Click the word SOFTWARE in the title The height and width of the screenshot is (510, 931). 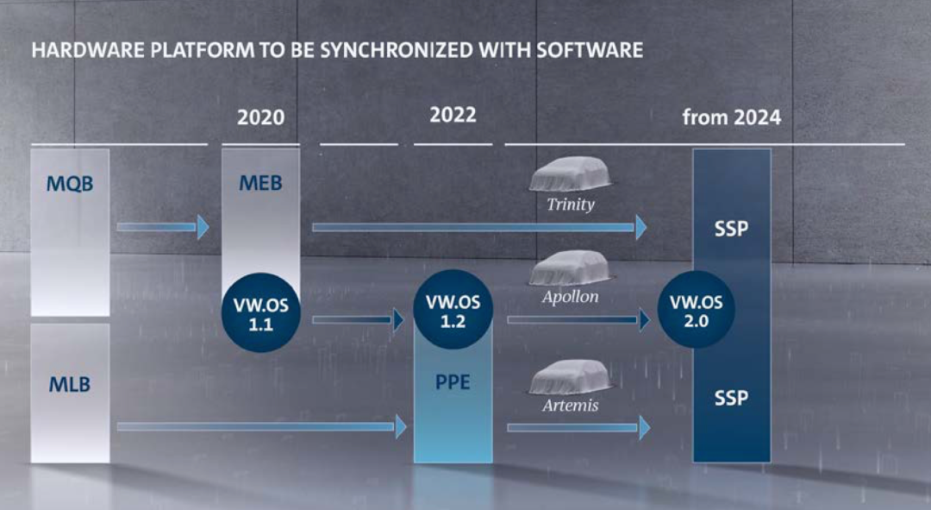(x=590, y=50)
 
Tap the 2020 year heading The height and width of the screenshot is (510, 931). (x=259, y=116)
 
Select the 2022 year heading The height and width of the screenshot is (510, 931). (x=453, y=115)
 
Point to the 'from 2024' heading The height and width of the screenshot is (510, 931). (x=731, y=116)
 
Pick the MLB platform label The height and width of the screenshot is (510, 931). (x=70, y=385)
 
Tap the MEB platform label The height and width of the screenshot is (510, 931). (x=259, y=183)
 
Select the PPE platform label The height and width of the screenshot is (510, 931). (x=453, y=381)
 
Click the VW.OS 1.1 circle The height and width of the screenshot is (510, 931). (x=259, y=312)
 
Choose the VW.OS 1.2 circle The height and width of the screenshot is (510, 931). (x=453, y=312)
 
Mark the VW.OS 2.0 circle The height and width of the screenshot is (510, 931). (x=697, y=312)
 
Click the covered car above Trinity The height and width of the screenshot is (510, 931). (x=570, y=176)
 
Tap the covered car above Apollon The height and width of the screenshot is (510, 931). (x=570, y=268)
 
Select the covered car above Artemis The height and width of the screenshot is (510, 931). (x=570, y=377)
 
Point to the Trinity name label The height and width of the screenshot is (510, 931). (x=570, y=205)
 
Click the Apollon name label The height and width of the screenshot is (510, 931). (x=570, y=296)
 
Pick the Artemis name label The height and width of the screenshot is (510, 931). (x=570, y=404)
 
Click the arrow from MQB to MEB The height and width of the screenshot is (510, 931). (x=163, y=227)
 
